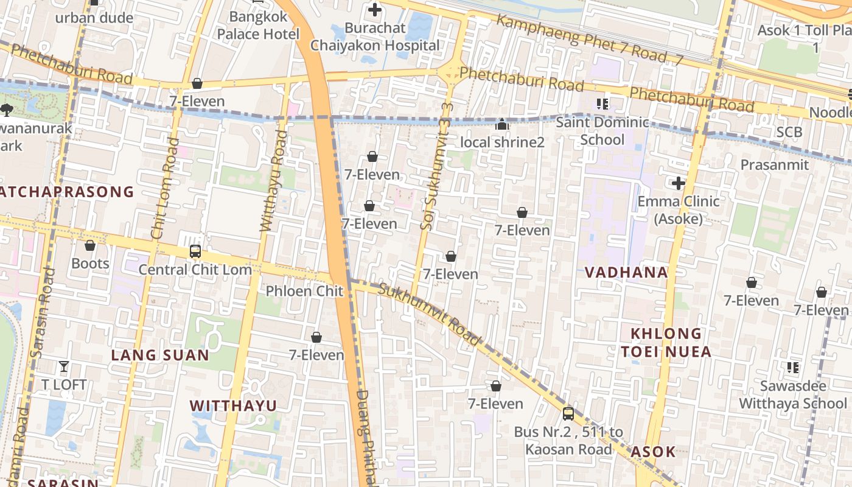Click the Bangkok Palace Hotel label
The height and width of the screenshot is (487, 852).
(259, 26)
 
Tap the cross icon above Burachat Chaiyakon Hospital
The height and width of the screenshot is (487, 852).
(375, 10)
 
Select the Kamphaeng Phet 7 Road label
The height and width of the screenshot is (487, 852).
(589, 39)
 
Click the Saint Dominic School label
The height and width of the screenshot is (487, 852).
(602, 131)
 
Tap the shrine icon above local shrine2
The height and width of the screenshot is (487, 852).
(502, 125)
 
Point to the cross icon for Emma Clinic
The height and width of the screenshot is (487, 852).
(678, 183)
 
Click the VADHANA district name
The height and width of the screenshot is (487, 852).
(626, 272)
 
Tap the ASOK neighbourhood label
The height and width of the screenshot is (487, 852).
(653, 452)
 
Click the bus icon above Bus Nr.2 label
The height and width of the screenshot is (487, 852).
(568, 414)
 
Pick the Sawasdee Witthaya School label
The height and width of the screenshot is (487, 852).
(792, 394)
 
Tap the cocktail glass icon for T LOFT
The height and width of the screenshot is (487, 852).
(64, 366)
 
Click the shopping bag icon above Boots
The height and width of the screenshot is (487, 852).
(90, 245)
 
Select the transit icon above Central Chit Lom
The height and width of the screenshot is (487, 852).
(195, 251)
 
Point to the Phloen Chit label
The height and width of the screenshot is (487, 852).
(304, 291)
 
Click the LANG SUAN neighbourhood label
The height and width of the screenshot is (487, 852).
(160, 356)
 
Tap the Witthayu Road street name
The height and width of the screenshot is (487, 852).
(273, 181)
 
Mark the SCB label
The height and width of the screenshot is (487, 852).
(789, 132)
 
